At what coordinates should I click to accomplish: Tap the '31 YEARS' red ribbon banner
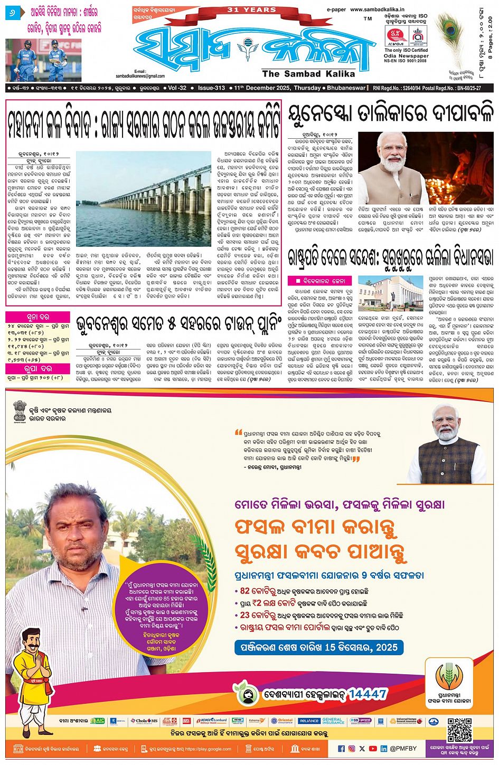pyautogui.click(x=251, y=10)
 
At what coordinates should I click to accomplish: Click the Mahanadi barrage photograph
pyautogui.click(x=143, y=198)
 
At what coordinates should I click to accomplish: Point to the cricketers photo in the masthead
pyautogui.click(x=43, y=60)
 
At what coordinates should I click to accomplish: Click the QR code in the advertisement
pyautogui.click(x=459, y=730)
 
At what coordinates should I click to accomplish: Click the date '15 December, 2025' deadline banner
pyautogui.click(x=319, y=647)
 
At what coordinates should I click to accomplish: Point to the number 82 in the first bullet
pyautogui.click(x=244, y=591)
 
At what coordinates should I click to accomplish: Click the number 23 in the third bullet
pyautogui.click(x=244, y=615)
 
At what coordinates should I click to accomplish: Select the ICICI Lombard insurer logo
pyautogui.click(x=212, y=721)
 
